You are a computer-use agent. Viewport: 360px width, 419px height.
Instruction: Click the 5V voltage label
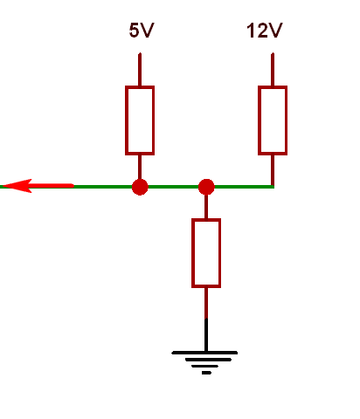tap(142, 31)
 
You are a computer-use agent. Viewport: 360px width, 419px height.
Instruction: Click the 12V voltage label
tap(265, 31)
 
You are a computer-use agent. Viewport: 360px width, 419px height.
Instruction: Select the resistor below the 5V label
tap(140, 120)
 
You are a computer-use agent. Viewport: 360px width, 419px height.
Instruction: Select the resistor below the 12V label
tap(273, 120)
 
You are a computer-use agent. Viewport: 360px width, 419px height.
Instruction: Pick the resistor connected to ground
tap(206, 253)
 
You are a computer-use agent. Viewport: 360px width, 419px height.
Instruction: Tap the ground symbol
tap(204, 362)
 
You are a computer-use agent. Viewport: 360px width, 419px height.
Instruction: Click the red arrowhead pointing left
tap(17, 186)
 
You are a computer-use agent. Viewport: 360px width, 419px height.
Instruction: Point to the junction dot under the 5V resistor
tap(140, 187)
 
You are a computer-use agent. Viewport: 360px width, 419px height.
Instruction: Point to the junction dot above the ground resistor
tap(206, 187)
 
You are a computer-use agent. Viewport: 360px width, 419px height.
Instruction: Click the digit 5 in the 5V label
tap(135, 31)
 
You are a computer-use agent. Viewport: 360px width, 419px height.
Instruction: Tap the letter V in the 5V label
tap(147, 31)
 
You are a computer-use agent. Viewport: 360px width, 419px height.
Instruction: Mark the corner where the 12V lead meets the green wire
tap(273, 187)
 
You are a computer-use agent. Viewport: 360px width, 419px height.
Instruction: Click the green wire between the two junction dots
tap(173, 187)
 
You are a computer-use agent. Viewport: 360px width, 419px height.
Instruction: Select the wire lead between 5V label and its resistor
tap(140, 70)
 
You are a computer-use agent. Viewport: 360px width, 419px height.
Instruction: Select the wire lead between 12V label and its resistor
tap(273, 70)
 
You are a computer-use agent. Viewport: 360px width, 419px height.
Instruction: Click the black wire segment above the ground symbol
tap(206, 334)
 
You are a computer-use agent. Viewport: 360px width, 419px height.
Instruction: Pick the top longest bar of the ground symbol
tap(204, 353)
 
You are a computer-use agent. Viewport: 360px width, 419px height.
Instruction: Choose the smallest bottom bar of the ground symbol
tap(206, 373)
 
